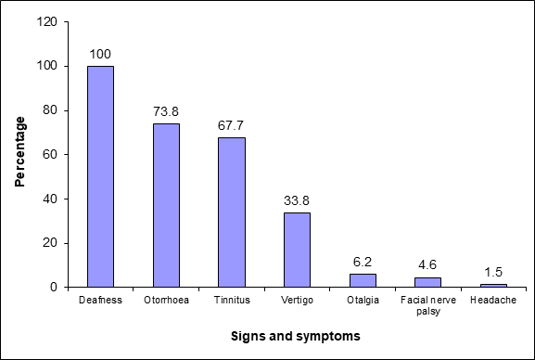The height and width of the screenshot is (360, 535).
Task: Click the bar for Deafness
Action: (x=101, y=176)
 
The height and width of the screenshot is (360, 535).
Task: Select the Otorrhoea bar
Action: (x=166, y=205)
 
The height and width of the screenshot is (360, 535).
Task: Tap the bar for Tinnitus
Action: (x=232, y=212)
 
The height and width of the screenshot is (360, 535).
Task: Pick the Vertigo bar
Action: (x=298, y=250)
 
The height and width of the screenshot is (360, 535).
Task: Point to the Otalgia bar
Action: (x=363, y=280)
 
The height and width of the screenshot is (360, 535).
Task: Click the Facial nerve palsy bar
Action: (x=427, y=282)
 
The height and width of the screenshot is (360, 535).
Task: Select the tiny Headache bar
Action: (x=493, y=286)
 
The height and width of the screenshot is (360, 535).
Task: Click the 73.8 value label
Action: (x=166, y=111)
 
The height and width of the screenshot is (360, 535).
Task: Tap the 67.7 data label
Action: (x=231, y=125)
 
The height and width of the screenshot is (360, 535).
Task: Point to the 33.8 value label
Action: (x=297, y=200)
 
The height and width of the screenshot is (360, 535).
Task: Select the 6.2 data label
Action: (x=363, y=262)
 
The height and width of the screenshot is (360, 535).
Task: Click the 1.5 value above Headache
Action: (x=493, y=272)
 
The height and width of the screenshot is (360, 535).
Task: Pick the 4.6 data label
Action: (x=427, y=265)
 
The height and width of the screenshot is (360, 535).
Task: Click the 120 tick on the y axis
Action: (x=46, y=22)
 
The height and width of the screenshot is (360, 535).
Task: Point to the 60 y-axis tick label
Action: (x=50, y=155)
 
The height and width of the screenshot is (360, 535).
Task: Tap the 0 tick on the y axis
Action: (x=54, y=288)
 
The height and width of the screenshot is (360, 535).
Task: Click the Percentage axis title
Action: (x=20, y=151)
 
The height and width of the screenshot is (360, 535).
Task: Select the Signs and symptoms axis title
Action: (x=296, y=336)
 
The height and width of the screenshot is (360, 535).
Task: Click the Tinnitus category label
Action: (x=232, y=300)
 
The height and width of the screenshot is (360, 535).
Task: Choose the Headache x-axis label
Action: (x=493, y=300)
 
